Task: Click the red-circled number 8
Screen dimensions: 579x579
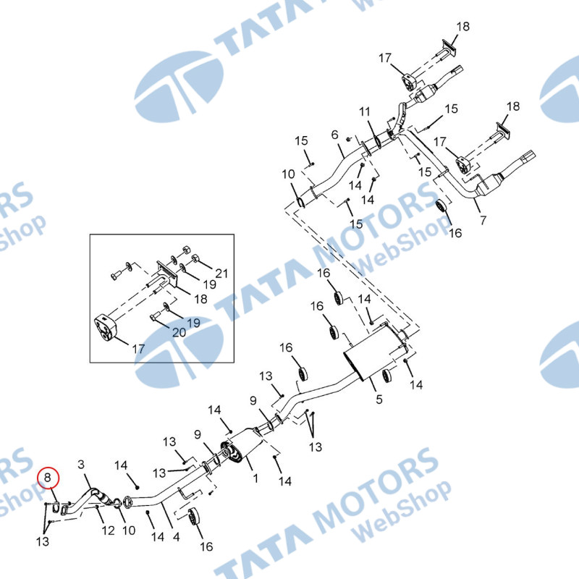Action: click(x=48, y=478)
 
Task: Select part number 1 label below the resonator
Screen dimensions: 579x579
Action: click(x=255, y=478)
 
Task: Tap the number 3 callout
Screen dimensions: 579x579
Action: click(x=81, y=464)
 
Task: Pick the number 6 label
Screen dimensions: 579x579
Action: click(x=334, y=135)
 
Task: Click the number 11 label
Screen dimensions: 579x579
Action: click(x=365, y=112)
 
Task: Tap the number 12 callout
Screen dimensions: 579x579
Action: click(x=108, y=531)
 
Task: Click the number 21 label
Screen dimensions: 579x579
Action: click(x=221, y=274)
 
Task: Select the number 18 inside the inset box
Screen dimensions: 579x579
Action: click(x=200, y=299)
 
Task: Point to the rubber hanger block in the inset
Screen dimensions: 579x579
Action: click(x=108, y=329)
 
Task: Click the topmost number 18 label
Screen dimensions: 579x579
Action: click(x=462, y=27)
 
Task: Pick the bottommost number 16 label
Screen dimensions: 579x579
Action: click(x=207, y=547)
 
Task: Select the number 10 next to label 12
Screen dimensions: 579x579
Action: click(x=129, y=531)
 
